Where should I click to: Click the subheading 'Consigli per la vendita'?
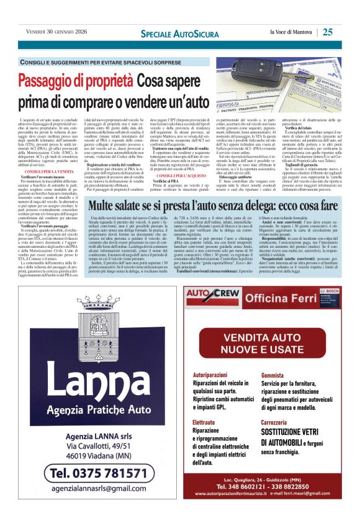[50, 171]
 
